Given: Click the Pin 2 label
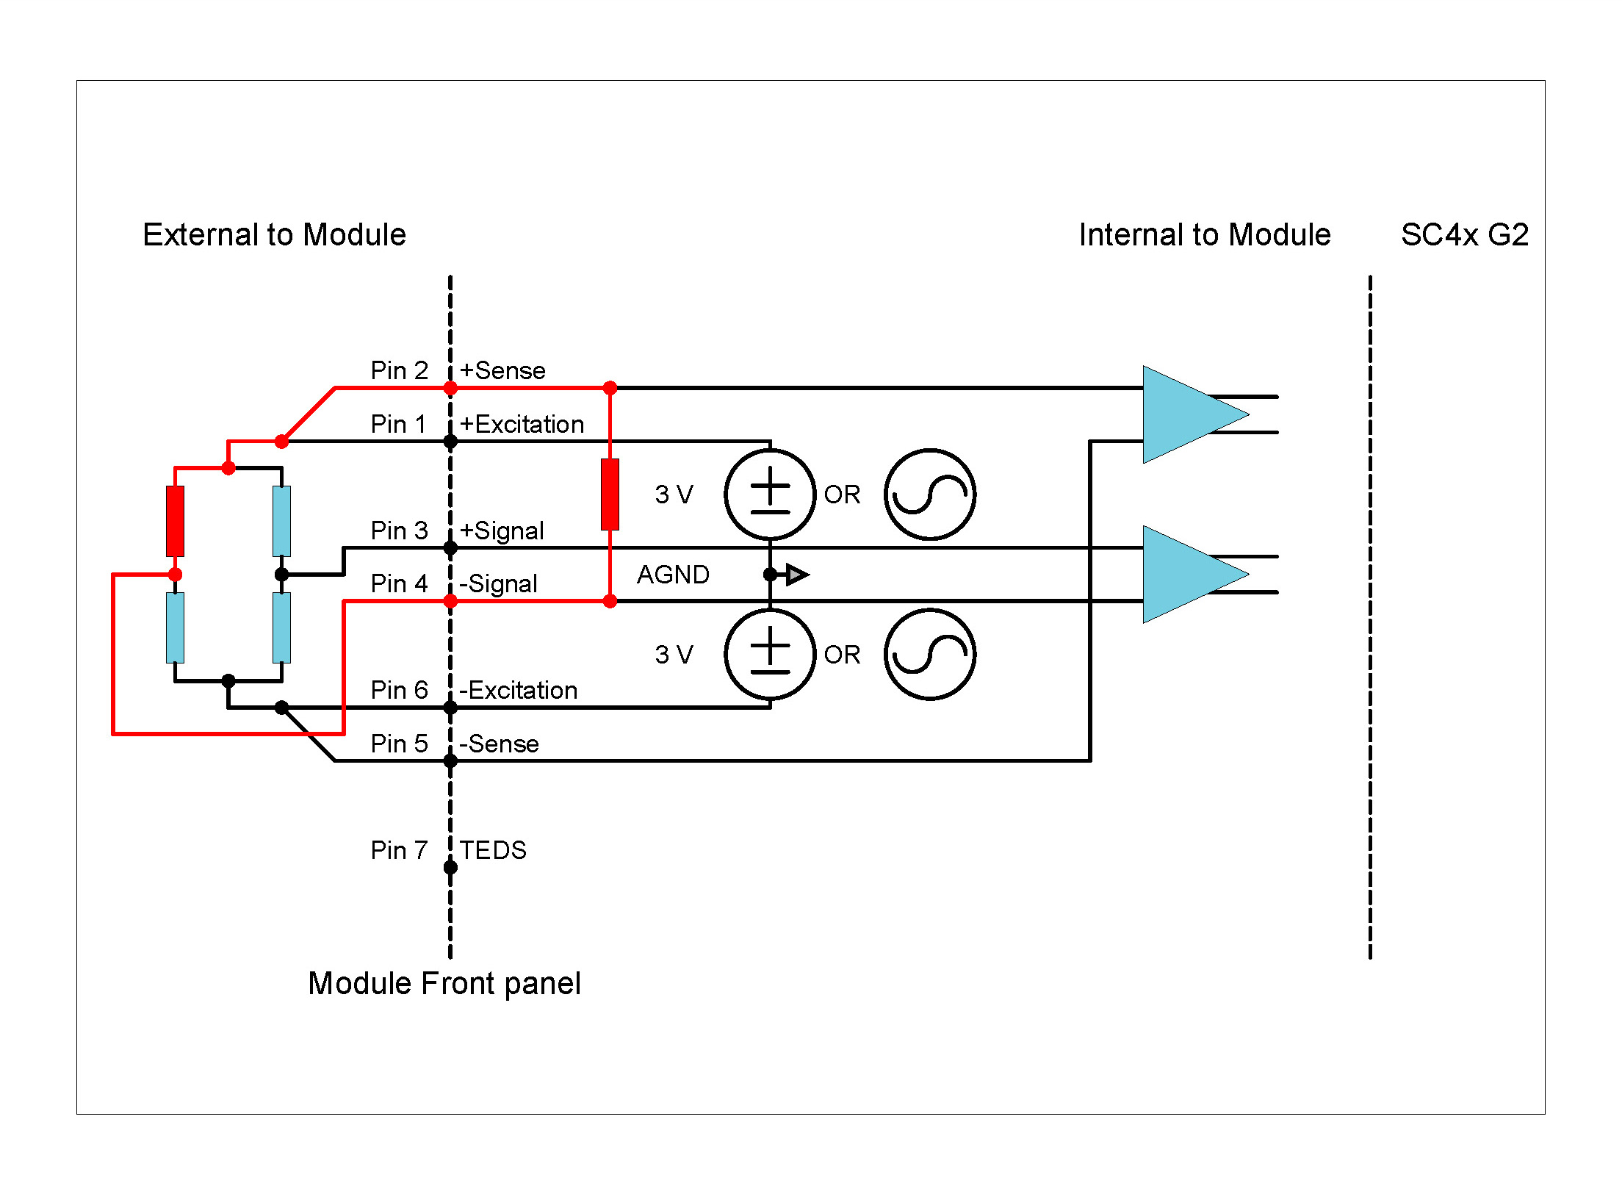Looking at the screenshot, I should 399,370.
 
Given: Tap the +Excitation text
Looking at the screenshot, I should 522,425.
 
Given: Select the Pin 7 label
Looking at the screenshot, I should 399,850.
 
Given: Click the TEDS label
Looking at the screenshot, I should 493,850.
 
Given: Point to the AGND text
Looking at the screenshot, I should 673,575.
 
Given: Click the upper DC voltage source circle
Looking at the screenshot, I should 770,494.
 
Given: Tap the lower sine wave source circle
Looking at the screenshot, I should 929,655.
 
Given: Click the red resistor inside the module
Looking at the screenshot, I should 610,494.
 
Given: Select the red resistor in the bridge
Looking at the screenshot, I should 175,521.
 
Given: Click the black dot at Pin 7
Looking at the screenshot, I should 450,868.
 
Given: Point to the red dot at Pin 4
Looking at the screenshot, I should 450,601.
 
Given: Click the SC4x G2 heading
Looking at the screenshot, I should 1464,235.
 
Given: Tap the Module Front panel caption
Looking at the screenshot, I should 444,984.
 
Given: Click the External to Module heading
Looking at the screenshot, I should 274,235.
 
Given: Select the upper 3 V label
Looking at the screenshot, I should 674,494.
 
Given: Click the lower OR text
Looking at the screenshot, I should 842,655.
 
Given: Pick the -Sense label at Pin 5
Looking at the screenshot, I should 499,744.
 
